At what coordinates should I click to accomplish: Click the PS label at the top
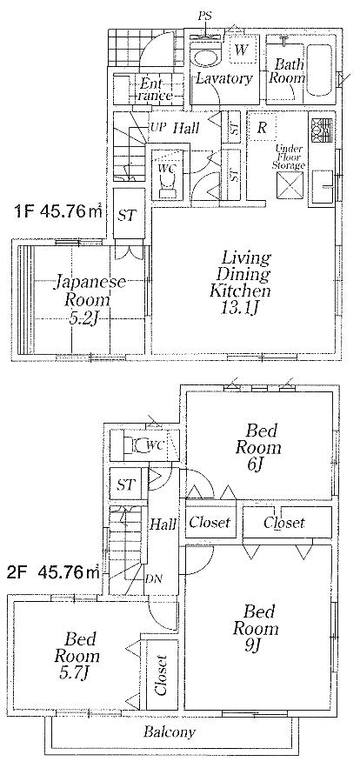coord(204,17)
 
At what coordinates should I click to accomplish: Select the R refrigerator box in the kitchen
coord(263,129)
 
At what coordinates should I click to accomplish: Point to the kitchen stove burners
coord(316,130)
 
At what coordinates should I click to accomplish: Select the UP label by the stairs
coord(157,128)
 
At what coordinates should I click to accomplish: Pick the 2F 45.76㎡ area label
coord(54,572)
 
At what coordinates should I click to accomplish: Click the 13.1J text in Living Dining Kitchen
coord(241,308)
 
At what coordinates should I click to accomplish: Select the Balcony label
coord(170,732)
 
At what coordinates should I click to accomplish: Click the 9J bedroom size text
coord(256,645)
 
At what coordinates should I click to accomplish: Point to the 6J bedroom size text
coord(257,464)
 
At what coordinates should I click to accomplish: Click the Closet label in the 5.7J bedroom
coord(162,675)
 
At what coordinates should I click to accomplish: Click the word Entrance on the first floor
coord(155,89)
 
